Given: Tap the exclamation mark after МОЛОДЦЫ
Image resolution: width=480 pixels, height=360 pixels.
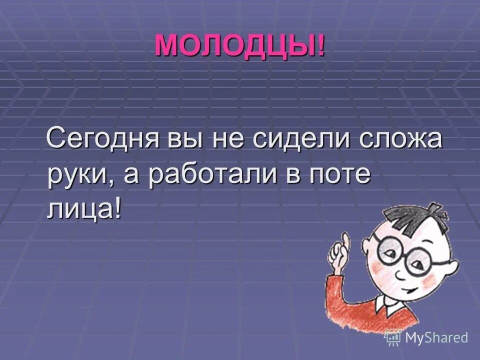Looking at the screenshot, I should pyautogui.click(x=320, y=46).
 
